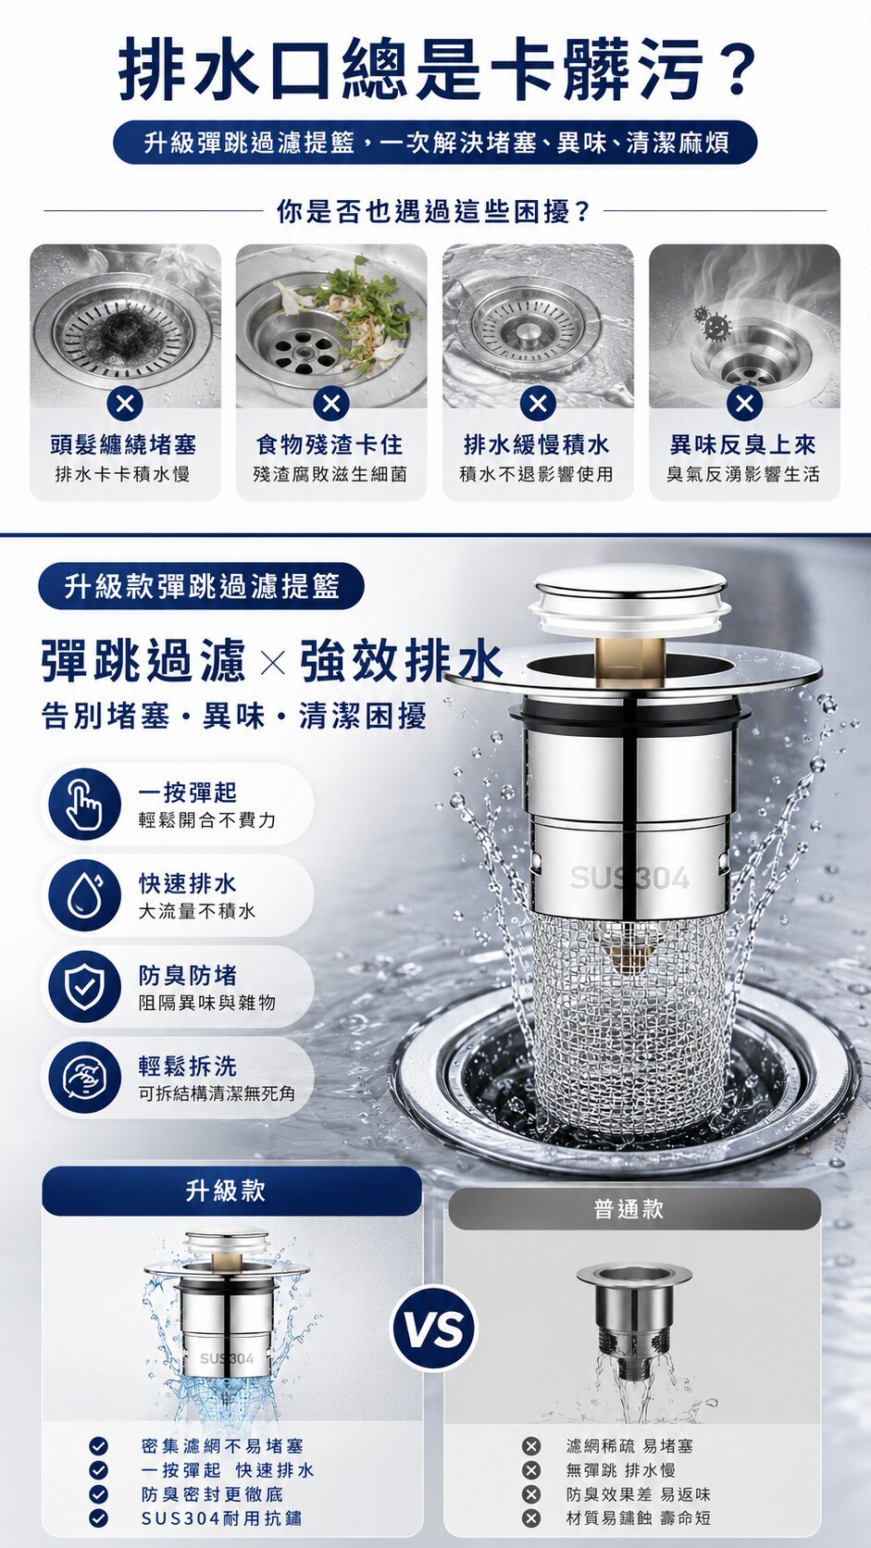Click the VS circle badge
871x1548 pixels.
(x=435, y=1329)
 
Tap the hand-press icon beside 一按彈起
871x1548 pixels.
(x=84, y=805)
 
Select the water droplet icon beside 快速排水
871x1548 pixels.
(x=84, y=895)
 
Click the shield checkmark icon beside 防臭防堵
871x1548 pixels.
(x=84, y=987)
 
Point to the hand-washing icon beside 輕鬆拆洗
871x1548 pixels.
(x=84, y=1078)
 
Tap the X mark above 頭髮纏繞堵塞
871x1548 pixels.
(x=124, y=403)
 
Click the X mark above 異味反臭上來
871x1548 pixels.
(x=744, y=403)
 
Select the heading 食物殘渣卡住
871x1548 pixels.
(x=330, y=445)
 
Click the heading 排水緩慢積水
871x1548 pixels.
(x=537, y=445)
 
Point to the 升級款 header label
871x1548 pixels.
(x=226, y=1191)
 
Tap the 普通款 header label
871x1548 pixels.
(x=628, y=1209)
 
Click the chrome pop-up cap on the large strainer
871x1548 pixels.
(x=631, y=600)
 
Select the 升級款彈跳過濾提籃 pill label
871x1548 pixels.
(x=201, y=587)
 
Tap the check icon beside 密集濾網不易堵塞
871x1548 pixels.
(x=98, y=1445)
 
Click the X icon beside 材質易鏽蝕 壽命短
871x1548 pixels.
(x=530, y=1517)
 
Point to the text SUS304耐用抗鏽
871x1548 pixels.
(x=221, y=1517)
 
